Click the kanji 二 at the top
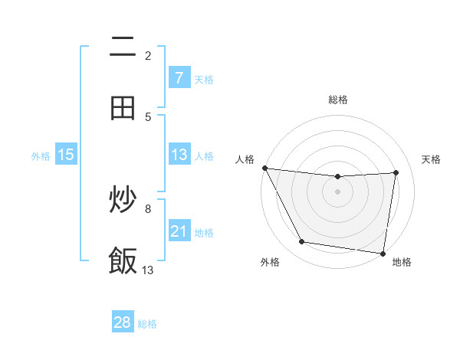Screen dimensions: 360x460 point(123,47)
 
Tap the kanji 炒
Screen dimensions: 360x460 point(123,201)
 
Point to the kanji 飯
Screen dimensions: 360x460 point(123,260)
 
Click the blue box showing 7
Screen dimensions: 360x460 point(179,77)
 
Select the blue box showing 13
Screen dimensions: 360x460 point(179,155)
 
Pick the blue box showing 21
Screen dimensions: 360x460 point(179,231)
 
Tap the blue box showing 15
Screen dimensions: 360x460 point(66,155)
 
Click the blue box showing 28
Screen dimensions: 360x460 point(123,322)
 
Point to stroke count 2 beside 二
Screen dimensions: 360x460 point(148,56)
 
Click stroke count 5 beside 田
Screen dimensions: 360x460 point(148,116)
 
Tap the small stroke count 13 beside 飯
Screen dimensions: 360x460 point(148,270)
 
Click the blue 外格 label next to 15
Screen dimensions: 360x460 point(41,156)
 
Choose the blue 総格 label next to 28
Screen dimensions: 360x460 point(147,324)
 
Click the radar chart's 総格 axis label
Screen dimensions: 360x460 point(338,100)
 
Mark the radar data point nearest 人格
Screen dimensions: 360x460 point(264,168)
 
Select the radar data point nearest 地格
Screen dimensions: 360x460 point(383,253)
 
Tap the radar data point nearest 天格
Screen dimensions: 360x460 point(396,172)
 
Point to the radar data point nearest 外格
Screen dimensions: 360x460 point(301,243)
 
